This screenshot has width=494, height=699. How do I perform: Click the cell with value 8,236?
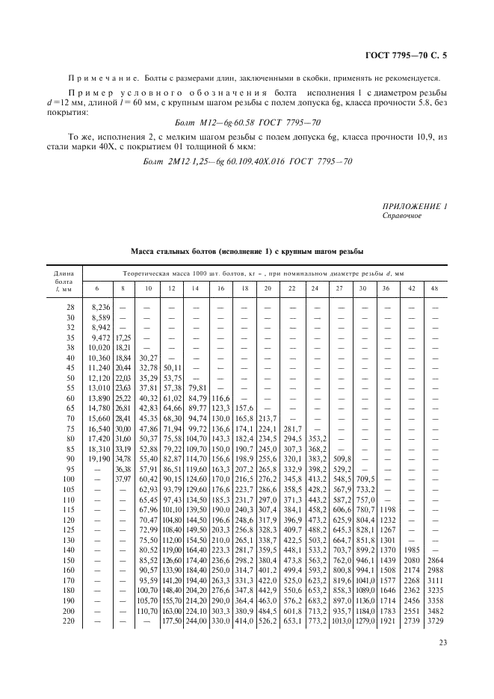tap(100, 307)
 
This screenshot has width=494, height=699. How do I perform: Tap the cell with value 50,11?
tap(173, 367)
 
